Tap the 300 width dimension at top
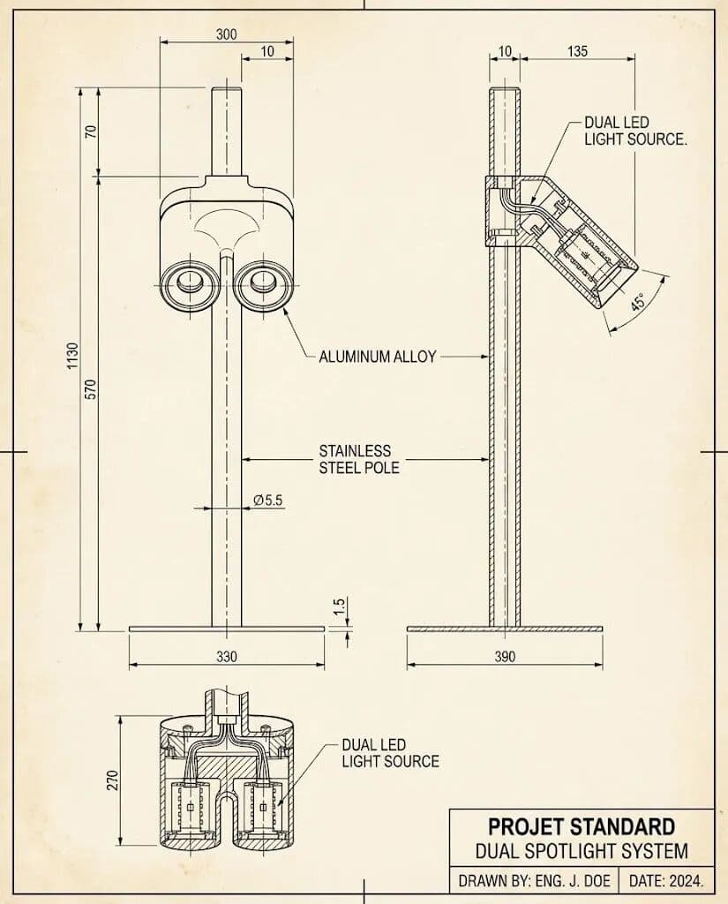tap(226, 34)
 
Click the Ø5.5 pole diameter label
tap(267, 500)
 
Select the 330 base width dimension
tap(227, 657)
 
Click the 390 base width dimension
tap(505, 657)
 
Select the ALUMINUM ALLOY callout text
tap(378, 357)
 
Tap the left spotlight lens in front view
tap(188, 283)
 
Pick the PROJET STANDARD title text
tap(582, 827)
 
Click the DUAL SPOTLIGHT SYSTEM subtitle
tap(582, 852)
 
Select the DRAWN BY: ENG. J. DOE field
tap(534, 881)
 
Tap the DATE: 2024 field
tap(666, 881)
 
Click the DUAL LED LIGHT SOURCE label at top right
tap(634, 131)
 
